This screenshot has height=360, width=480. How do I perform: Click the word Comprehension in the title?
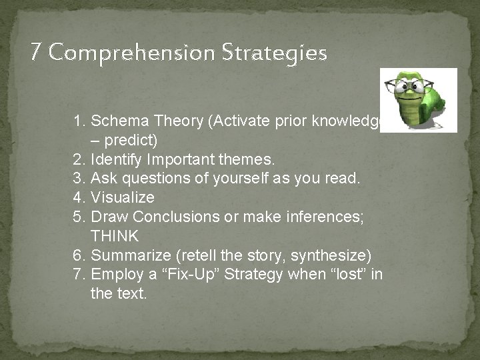(131, 52)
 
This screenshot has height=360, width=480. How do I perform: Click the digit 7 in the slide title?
(37, 52)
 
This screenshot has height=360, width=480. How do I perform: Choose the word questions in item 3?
(143, 179)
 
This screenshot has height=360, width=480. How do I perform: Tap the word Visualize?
(122, 197)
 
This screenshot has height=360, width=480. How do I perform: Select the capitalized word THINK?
(115, 236)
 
